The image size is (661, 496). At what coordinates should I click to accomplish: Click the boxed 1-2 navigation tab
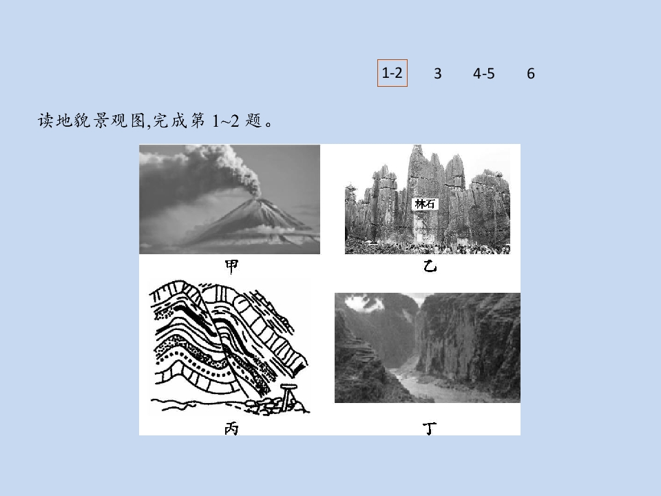[x=392, y=73]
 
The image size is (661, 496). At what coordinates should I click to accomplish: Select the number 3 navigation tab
[x=438, y=74]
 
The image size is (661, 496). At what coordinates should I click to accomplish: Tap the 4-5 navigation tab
[x=483, y=74]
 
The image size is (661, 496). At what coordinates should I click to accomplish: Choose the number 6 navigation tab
[x=531, y=74]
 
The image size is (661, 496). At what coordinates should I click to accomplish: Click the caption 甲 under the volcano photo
[x=231, y=266]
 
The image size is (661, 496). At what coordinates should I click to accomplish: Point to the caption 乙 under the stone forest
[x=430, y=266]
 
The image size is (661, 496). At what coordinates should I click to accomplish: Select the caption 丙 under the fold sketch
[x=231, y=428]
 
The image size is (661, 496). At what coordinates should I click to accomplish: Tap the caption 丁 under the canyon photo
[x=430, y=428]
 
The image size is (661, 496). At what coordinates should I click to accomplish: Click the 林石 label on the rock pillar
[x=425, y=204]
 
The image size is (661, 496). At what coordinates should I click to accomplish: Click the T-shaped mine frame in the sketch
[x=288, y=394]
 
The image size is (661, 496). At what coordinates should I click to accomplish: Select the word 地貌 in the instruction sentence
[x=65, y=121]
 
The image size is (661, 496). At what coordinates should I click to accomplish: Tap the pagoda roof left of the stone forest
[x=350, y=187]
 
